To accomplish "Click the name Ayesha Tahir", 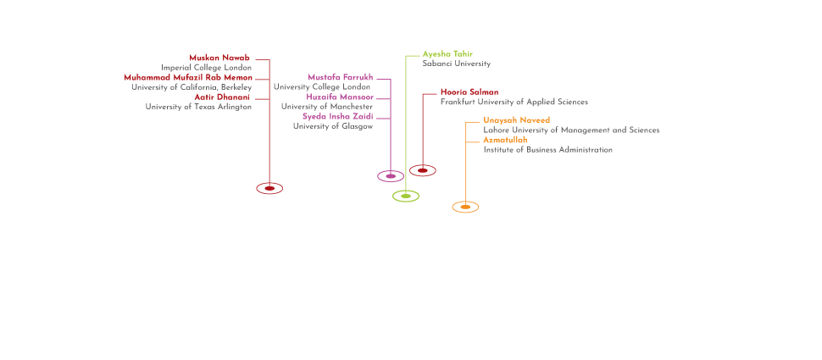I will [x=442, y=54].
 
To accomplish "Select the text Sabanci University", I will [x=456, y=64].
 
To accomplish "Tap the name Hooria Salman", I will [x=469, y=91].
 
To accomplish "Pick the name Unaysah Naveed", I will [x=517, y=120].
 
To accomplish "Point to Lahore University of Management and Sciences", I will [x=571, y=130].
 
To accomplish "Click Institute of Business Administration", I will [x=547, y=150].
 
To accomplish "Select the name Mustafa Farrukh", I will [x=341, y=77].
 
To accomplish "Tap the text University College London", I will [x=322, y=87].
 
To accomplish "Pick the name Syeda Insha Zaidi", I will [x=337, y=116].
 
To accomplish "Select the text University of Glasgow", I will [x=332, y=126].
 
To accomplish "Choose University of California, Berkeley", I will [x=192, y=87].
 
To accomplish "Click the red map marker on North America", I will [x=269, y=188].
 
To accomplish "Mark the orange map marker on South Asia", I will [x=464, y=207].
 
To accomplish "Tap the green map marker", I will [x=407, y=196].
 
